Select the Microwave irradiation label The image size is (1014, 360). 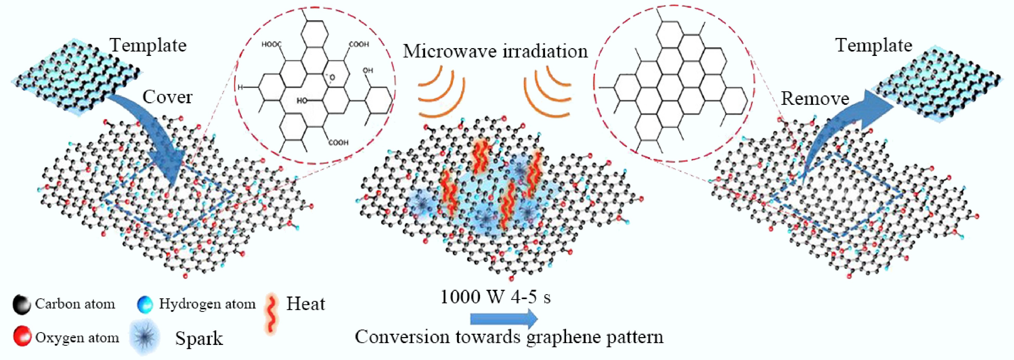[x=495, y=52]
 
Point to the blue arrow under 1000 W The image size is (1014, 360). [x=504, y=319]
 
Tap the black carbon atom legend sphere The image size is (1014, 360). [x=21, y=305]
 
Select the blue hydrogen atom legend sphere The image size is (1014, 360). [x=145, y=305]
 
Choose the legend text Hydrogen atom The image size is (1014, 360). [x=207, y=304]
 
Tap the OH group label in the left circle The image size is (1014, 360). [x=368, y=71]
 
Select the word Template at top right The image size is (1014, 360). [x=874, y=45]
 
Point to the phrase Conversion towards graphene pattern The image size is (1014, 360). [x=509, y=337]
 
